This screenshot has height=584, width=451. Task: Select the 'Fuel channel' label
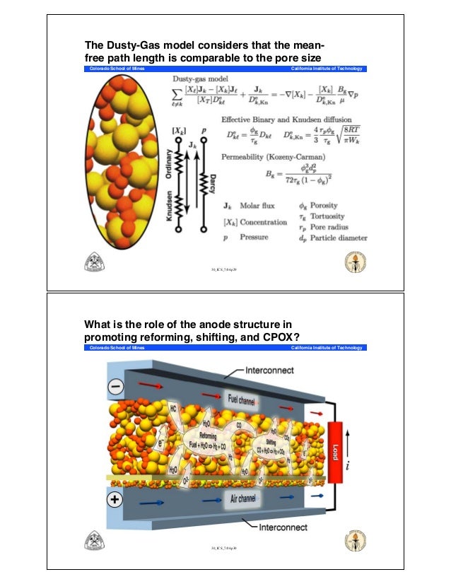242,396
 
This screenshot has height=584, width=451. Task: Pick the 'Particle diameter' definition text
340,238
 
